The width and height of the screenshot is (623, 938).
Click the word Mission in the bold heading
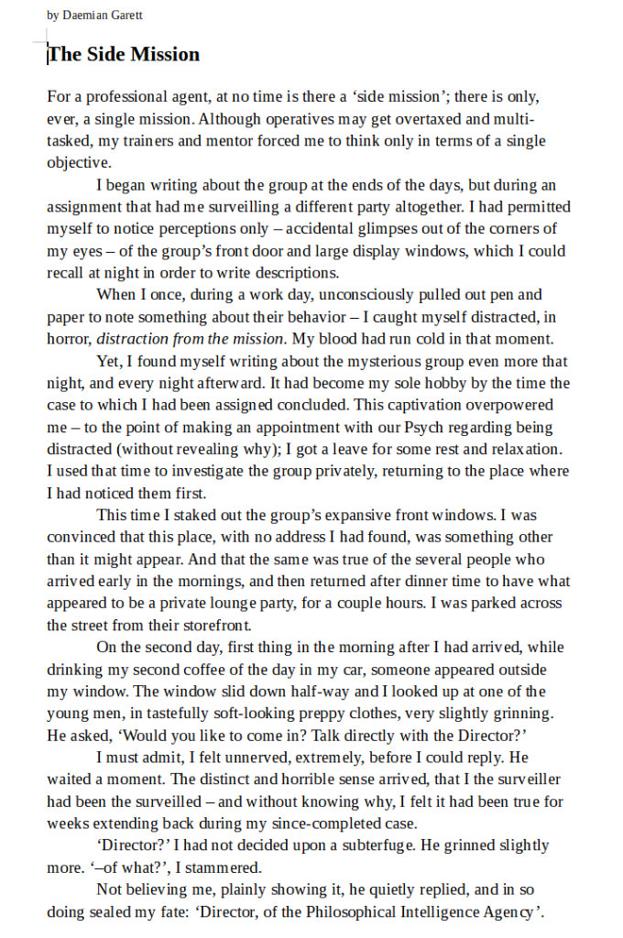click(164, 54)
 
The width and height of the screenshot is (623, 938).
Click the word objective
click(79, 162)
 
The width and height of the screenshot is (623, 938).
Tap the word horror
click(69, 338)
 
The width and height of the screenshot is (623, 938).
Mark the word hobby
click(425, 383)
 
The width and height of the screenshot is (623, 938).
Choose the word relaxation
click(528, 449)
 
